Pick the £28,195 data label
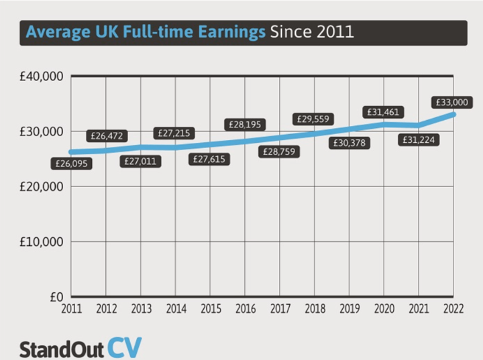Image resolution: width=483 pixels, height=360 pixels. click(246, 124)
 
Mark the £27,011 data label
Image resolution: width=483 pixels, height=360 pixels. click(141, 161)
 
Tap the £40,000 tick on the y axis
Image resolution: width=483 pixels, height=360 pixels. click(42, 76)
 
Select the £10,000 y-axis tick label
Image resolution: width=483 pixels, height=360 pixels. click(42, 241)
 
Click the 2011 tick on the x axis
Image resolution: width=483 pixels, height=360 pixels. click(71, 309)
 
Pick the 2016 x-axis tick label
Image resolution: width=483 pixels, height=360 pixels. click(246, 309)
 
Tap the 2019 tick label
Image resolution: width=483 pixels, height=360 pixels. click(350, 309)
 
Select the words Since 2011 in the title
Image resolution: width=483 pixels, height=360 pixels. click(311, 32)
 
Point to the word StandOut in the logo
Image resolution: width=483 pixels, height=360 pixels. click(60, 349)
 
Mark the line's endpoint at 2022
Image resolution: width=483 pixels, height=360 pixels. click(454, 114)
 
